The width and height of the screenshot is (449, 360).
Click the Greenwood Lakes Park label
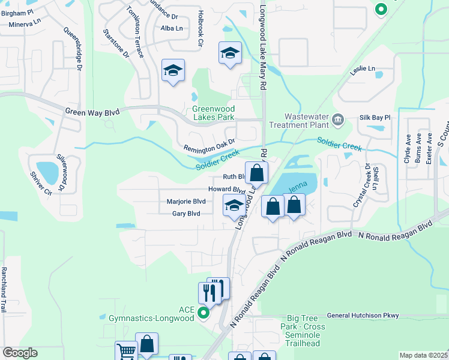pos(213,113)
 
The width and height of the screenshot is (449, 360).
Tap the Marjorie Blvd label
pos(187,202)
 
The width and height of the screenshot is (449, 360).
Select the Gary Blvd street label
pos(186,214)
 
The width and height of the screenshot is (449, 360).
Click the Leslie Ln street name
pos(363,68)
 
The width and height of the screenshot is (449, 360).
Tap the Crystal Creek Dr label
pos(363,185)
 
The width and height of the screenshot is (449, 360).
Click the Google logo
pos(20,353)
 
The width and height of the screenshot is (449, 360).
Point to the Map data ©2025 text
pos(423,355)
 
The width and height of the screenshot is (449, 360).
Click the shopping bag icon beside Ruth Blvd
pos(256,173)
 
